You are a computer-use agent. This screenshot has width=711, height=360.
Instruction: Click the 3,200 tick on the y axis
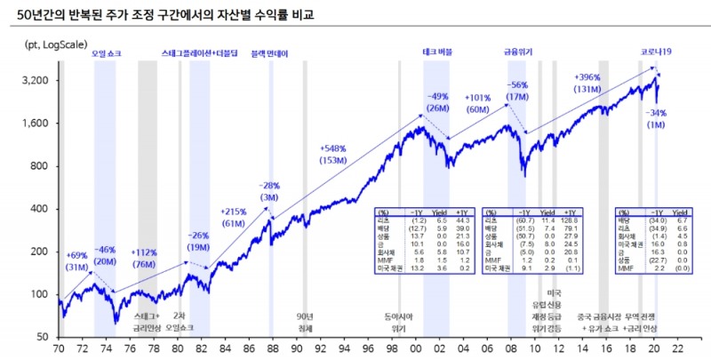pos(35,81)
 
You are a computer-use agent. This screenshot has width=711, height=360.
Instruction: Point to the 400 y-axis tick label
pos(40,209)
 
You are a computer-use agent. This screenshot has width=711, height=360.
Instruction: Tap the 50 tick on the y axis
pos(43,337)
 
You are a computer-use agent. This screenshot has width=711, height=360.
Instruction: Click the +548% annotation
pos(332,148)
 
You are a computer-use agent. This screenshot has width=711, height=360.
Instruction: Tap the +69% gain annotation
pos(78,255)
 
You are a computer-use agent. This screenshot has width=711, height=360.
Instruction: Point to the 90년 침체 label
pos(304,322)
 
